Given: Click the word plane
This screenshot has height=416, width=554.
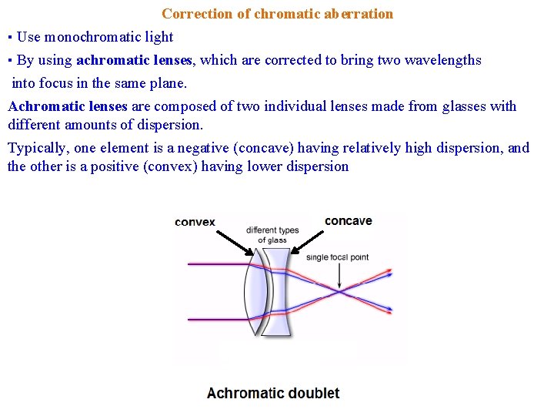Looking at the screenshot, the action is click(x=169, y=82).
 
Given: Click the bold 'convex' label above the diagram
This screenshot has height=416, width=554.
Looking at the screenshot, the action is click(x=195, y=222).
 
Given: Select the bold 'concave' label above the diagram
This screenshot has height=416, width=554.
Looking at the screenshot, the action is click(x=348, y=221).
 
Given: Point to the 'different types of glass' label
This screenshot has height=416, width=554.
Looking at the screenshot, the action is click(x=272, y=235).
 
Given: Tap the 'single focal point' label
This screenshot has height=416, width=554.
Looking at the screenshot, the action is click(x=337, y=257).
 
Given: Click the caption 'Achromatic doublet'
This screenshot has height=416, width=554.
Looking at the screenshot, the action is click(x=273, y=393).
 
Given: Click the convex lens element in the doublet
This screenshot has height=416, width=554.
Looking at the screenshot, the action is click(x=255, y=293).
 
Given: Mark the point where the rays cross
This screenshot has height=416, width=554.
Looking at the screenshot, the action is click(x=339, y=291).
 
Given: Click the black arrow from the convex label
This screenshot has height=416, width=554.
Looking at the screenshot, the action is click(x=235, y=240).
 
